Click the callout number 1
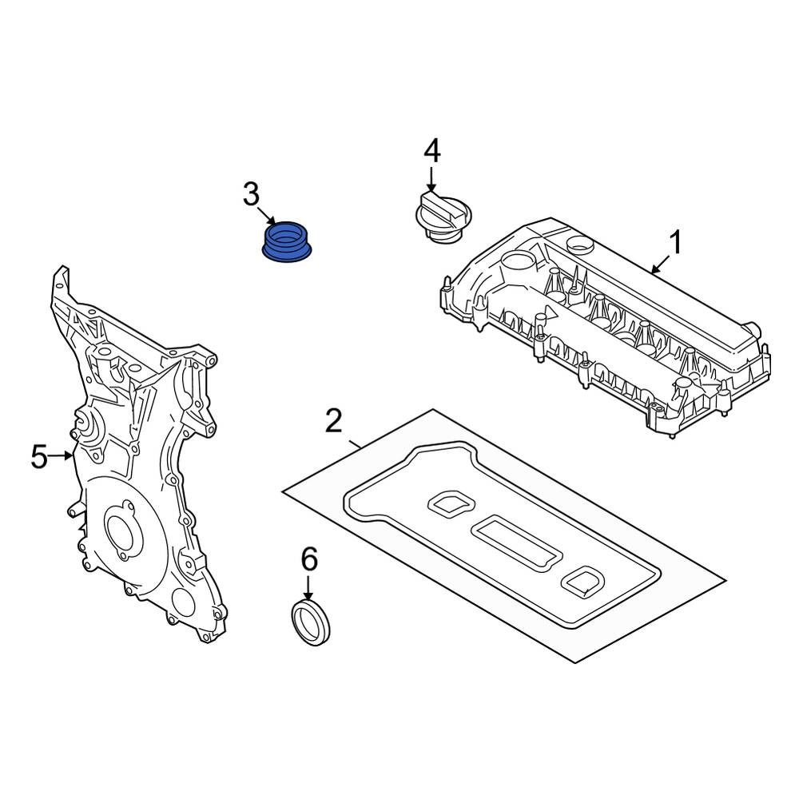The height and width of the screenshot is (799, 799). pyautogui.click(x=677, y=242)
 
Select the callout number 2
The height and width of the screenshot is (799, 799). pyautogui.click(x=334, y=421)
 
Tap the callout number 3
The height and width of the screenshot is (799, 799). pyautogui.click(x=251, y=194)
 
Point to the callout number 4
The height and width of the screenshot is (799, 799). pyautogui.click(x=431, y=150)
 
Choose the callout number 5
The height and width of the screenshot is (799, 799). pyautogui.click(x=39, y=458)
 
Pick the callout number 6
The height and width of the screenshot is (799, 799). pyautogui.click(x=308, y=559)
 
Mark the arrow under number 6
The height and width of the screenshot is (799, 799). pyautogui.click(x=308, y=588)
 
